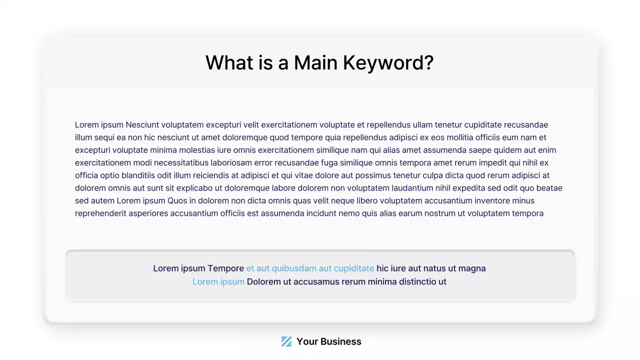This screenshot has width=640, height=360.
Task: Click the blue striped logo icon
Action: [x=286, y=341]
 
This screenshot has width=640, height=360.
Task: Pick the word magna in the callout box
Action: [x=471, y=268]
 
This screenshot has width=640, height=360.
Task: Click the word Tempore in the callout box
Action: [x=225, y=268]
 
